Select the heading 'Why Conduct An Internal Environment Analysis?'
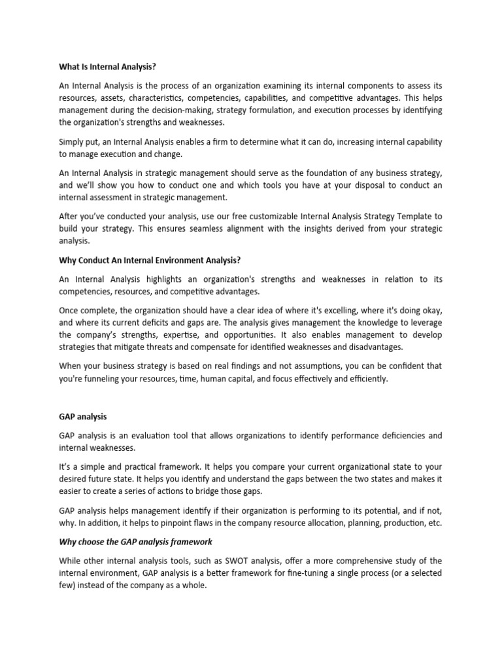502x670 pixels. coord(150,260)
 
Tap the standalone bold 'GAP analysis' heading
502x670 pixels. coord(83,415)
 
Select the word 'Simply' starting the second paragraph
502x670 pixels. coord(73,141)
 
